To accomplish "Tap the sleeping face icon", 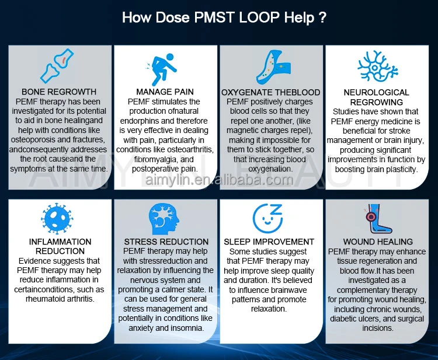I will [x=268, y=218].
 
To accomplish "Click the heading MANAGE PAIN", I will [x=165, y=92].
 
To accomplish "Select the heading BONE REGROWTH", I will [x=59, y=92].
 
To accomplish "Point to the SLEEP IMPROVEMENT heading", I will [x=269, y=242].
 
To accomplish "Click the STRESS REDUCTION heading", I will [x=165, y=242].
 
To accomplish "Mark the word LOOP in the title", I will [x=256, y=18].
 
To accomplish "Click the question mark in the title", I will [x=322, y=18].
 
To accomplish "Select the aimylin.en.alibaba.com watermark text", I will [x=220, y=180].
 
